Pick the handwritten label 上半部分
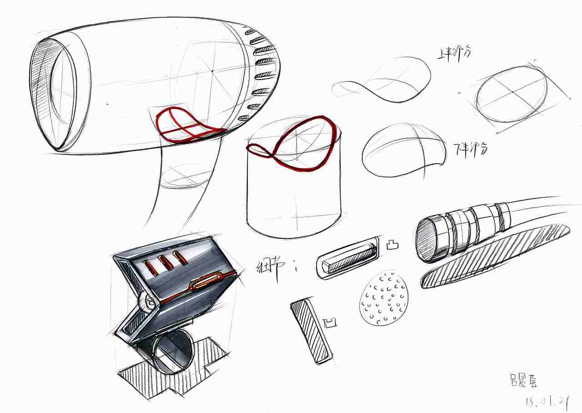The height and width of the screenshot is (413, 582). tap(453, 53)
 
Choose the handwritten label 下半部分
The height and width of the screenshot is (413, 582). tap(471, 148)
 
